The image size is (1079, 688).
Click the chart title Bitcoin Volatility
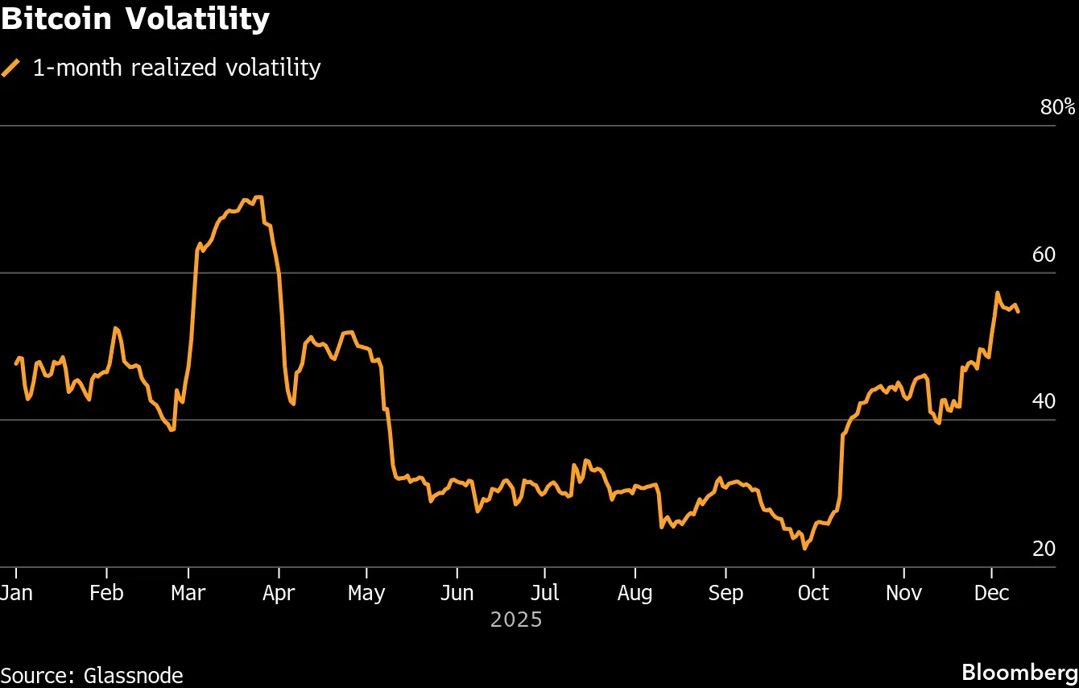pyautogui.click(x=134, y=19)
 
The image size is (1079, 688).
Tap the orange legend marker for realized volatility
pyautogui.click(x=11, y=68)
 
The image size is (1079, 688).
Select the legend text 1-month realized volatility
pyautogui.click(x=176, y=68)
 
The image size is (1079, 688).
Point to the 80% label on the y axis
pyautogui.click(x=1057, y=107)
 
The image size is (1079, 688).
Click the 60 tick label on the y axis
pyautogui.click(x=1043, y=255)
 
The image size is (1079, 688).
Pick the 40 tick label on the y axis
pyautogui.click(x=1043, y=401)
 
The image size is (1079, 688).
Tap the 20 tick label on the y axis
pyautogui.click(x=1043, y=549)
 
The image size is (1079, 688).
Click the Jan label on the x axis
pyautogui.click(x=16, y=593)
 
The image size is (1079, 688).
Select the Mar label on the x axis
pyautogui.click(x=188, y=593)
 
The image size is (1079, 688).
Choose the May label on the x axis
pyautogui.click(x=366, y=593)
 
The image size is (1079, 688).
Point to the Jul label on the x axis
pyautogui.click(x=544, y=593)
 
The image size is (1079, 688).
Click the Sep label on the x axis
pyautogui.click(x=725, y=593)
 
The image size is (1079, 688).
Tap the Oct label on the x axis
pyautogui.click(x=813, y=593)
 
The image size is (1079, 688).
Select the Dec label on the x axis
pyautogui.click(x=991, y=593)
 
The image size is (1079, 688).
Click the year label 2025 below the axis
pyautogui.click(x=516, y=620)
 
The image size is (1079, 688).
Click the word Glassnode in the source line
pyautogui.click(x=133, y=675)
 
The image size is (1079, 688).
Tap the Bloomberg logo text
pyautogui.click(x=1020, y=672)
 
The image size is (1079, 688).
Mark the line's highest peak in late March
pyautogui.click(x=258, y=197)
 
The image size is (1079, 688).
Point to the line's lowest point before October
pyautogui.click(x=804, y=549)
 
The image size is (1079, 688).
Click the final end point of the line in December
pyautogui.click(x=1019, y=312)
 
